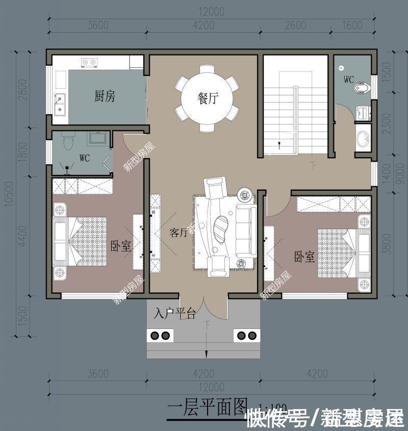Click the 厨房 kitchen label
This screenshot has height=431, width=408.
105,96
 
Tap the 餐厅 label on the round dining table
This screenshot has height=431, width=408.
207,98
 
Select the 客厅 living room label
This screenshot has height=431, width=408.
178,233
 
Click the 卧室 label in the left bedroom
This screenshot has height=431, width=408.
121,246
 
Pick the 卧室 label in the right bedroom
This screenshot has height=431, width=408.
304,257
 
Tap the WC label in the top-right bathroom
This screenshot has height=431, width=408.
349,80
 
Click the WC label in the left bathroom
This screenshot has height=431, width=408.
84,158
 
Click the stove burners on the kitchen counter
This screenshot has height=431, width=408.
89,63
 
